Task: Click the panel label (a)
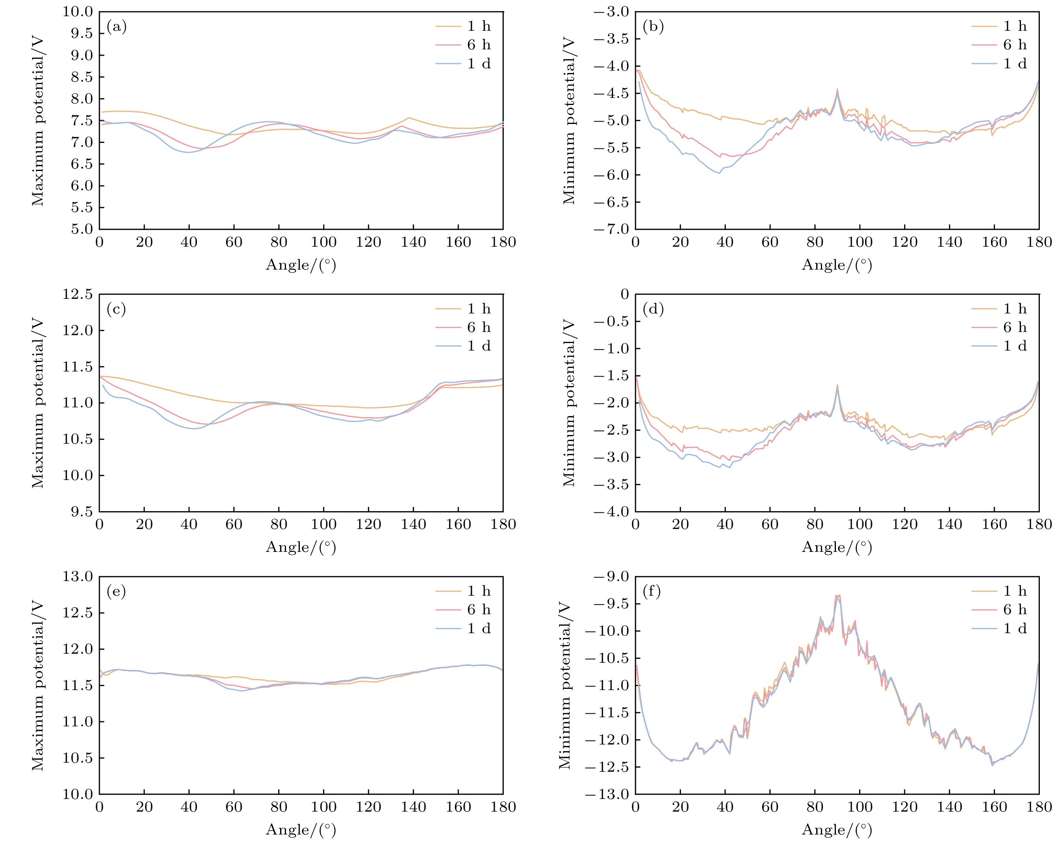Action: coord(117,27)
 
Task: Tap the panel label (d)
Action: coord(653,309)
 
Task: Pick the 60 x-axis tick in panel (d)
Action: coord(770,524)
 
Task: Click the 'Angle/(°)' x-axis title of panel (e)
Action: coord(301,829)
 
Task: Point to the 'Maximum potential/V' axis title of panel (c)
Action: coord(38,403)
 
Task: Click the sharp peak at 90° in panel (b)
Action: coord(837,90)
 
